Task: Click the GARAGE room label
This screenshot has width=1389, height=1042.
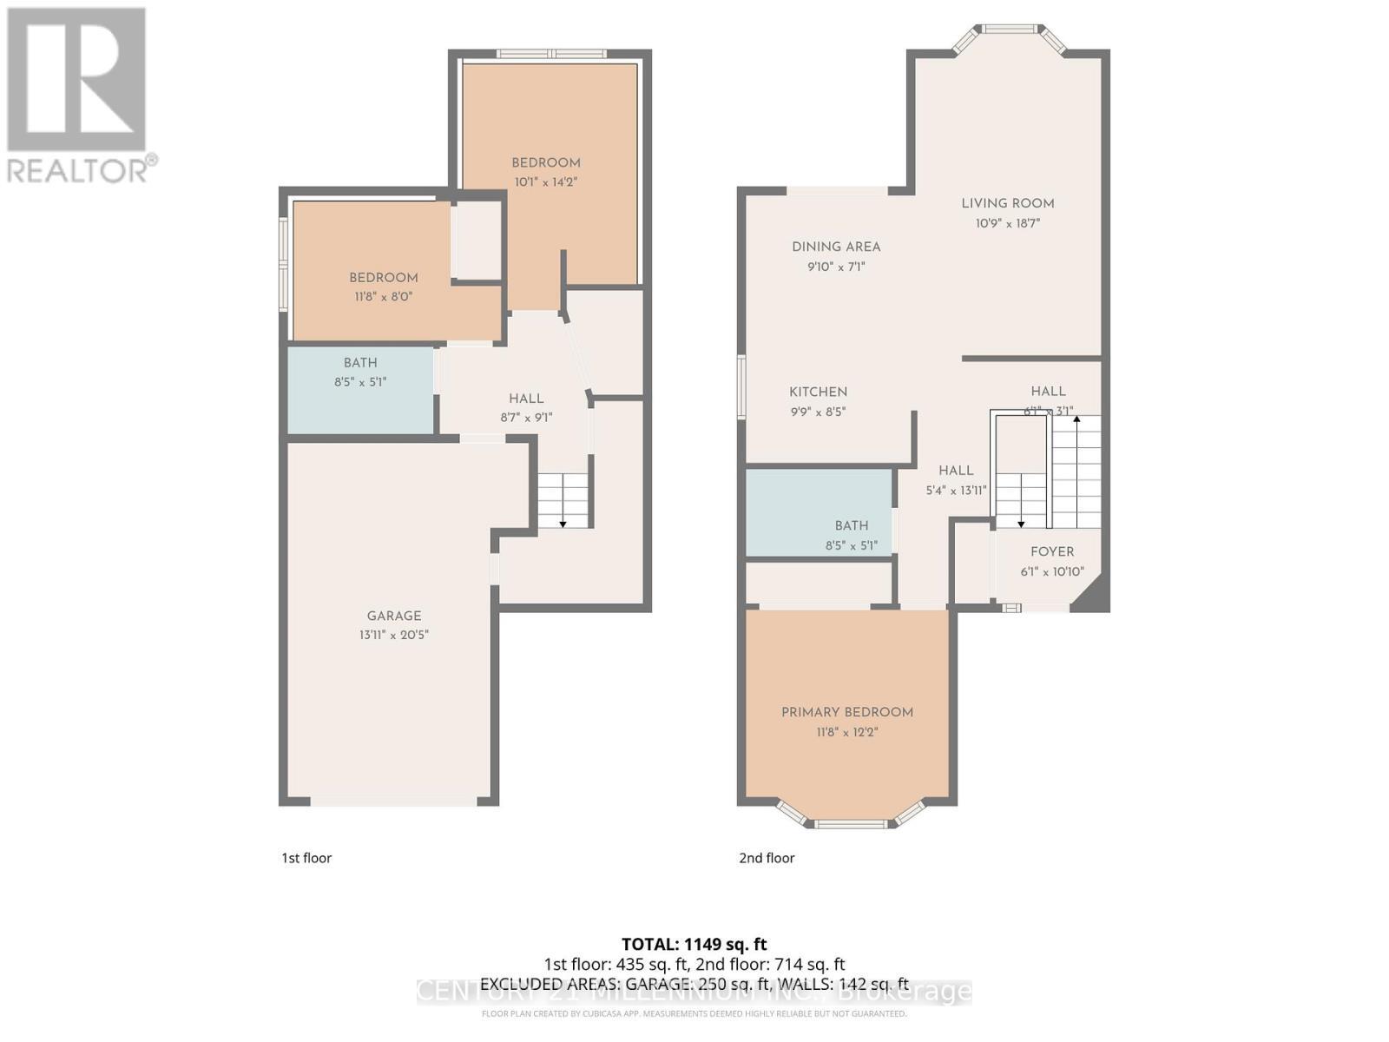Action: (393, 616)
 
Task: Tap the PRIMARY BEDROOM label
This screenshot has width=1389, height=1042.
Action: (846, 712)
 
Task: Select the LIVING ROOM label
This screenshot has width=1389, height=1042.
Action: (1007, 203)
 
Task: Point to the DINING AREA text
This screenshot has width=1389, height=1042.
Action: (836, 247)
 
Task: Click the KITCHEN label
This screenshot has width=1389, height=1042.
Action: (818, 392)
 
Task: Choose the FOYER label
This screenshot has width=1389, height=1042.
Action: (1052, 551)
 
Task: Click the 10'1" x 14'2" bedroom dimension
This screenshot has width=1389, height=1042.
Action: (545, 182)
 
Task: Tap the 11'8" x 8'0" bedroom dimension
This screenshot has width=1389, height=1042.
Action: (383, 296)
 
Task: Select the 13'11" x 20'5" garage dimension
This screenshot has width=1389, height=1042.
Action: (393, 635)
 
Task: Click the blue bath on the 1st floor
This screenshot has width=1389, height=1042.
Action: (360, 391)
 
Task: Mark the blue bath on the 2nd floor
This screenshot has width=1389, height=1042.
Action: (819, 513)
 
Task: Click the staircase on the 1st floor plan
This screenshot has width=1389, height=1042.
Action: (563, 501)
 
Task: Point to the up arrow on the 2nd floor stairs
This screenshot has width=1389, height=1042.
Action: (1076, 420)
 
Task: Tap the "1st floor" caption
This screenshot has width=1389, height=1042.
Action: (306, 858)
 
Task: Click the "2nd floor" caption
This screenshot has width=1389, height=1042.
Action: (767, 858)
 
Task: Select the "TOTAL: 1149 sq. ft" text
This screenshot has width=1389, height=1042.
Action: (694, 944)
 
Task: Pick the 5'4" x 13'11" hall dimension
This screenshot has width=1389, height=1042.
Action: (956, 491)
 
